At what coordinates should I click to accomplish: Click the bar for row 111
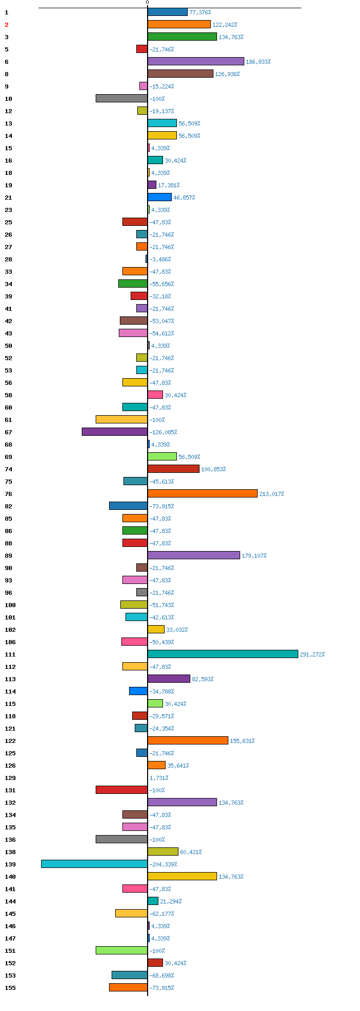tap(223, 654)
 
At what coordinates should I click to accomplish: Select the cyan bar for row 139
tap(94, 864)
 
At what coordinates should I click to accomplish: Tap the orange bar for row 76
tap(203, 493)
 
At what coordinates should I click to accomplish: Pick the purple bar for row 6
tap(196, 61)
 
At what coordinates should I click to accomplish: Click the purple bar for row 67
tap(115, 432)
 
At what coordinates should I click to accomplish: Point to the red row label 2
tap(7, 25)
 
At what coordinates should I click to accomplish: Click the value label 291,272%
tap(312, 654)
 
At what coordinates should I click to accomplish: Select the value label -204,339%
tap(161, 864)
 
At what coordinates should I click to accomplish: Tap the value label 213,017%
tap(272, 494)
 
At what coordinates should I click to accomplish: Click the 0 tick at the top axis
tap(147, 3)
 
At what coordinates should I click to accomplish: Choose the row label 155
tap(10, 988)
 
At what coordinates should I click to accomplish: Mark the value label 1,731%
tap(159, 778)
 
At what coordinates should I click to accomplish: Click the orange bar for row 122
tap(188, 740)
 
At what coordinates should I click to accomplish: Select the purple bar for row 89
tap(194, 555)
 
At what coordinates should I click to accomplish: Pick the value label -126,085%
tap(163, 432)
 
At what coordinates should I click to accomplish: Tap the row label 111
tap(10, 654)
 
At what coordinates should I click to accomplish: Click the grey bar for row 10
tap(121, 98)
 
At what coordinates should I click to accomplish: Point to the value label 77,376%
tap(200, 12)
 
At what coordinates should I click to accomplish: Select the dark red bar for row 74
tap(173, 469)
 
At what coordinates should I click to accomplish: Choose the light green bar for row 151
tap(121, 950)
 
